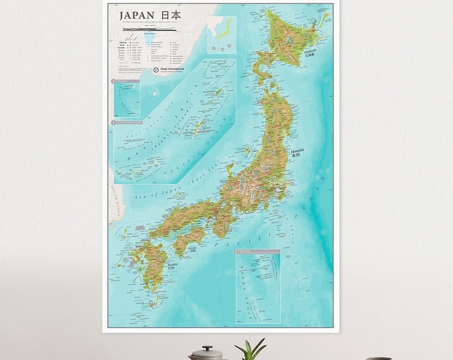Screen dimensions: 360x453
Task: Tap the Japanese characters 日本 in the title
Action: [171, 15]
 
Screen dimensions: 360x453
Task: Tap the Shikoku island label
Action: [193, 247]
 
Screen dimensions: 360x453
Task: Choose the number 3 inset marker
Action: [237, 252]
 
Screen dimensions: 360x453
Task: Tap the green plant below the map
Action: [250, 349]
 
